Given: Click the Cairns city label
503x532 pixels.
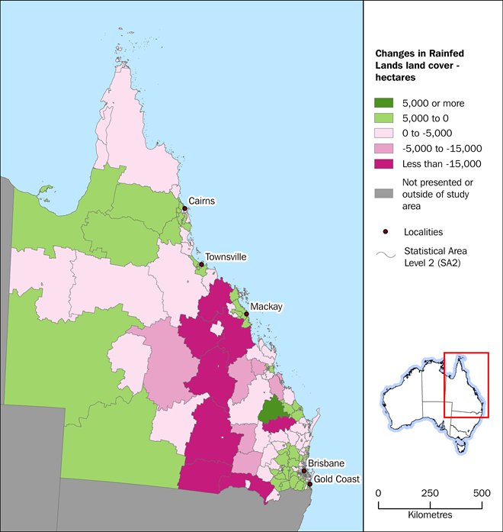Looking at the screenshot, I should [203, 202].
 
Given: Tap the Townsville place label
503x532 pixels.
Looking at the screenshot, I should [227, 257].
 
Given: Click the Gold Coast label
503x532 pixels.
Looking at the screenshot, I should [337, 479].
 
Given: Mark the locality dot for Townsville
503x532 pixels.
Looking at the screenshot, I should [201, 265].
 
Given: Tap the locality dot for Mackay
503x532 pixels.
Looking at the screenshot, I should [246, 313].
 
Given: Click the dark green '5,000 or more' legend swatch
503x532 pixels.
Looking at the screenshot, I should [384, 103].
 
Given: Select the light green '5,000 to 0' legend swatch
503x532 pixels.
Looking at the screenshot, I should [384, 118].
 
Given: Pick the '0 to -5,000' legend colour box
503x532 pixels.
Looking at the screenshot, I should [384, 133].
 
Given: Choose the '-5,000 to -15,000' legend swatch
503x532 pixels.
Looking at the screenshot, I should [384, 148].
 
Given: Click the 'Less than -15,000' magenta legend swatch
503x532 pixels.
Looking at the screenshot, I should [384, 163].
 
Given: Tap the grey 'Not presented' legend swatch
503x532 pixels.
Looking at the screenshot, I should [384, 182].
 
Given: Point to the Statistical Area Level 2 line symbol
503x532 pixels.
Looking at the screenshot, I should [385, 256].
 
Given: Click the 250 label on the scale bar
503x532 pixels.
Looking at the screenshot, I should [430, 493].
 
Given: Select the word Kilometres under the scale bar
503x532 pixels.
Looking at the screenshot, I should [430, 516].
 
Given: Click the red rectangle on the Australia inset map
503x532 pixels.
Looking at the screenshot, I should [466, 385].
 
